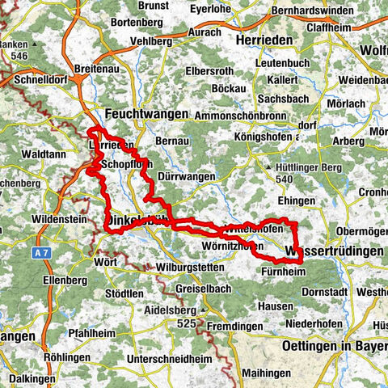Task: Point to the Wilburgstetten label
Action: click(x=167, y=264)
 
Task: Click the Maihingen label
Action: click(x=260, y=373)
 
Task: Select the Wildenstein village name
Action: click(x=58, y=218)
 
